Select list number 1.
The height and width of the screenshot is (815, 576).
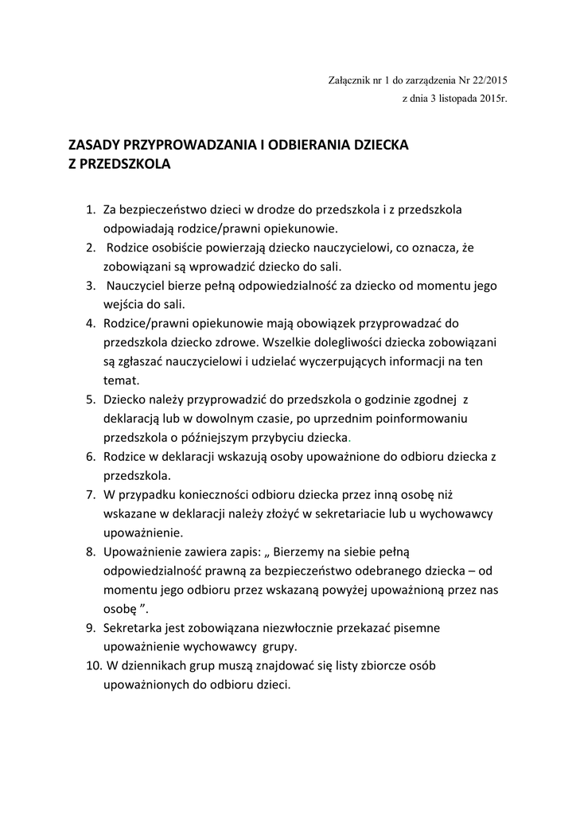coord(90,210)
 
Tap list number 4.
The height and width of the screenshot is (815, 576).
coord(90,324)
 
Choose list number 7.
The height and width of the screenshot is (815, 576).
coord(90,495)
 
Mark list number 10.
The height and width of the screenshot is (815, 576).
coord(92,665)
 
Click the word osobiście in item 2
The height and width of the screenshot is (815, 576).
coord(185,248)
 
